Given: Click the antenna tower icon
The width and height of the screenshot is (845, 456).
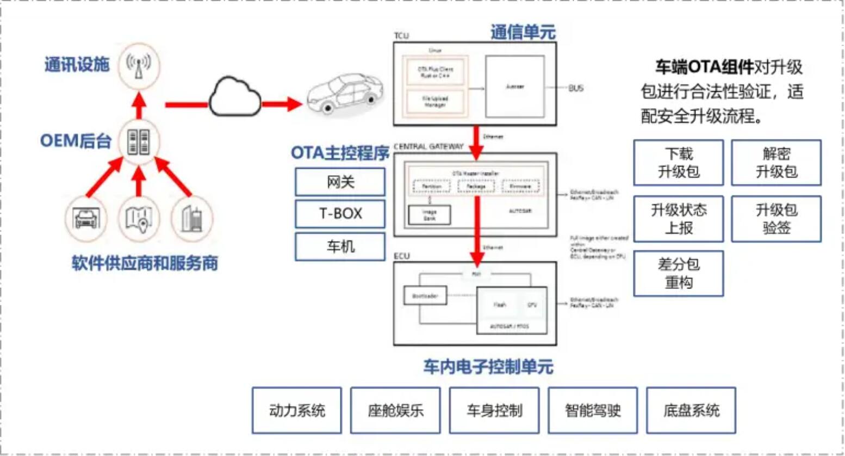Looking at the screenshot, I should [139, 65].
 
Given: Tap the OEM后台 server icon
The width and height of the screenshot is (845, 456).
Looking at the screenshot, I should [139, 141].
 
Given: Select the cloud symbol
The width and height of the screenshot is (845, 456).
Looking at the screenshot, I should [235, 97].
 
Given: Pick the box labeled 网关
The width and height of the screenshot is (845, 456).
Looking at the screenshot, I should [340, 182].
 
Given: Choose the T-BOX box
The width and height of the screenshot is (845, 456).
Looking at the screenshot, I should [340, 214].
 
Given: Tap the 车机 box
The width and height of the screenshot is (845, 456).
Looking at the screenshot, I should [340, 247].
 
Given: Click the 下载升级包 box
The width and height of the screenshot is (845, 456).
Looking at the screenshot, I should [679, 163].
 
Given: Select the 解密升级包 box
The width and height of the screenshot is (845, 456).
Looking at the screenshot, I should [776, 163].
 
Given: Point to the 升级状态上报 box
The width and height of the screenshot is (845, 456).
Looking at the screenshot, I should [679, 219].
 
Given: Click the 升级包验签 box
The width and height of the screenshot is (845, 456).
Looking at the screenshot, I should [776, 219].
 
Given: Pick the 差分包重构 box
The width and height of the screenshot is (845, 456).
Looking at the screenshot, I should [679, 273].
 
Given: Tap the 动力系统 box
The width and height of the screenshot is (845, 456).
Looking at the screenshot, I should [297, 410].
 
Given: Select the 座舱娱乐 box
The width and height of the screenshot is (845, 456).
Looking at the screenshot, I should [395, 410].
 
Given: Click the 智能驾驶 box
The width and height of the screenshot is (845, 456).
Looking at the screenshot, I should [593, 410].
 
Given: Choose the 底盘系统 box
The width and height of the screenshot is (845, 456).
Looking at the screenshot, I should [691, 410].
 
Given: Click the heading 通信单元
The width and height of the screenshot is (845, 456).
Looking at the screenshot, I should [523, 33].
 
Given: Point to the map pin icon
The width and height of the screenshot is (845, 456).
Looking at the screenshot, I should [139, 219].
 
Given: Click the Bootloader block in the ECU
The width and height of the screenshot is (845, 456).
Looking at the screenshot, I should [425, 296].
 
